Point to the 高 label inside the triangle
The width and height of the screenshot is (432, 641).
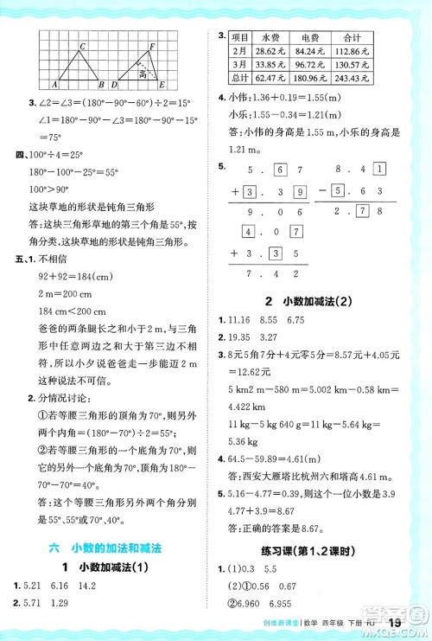143,75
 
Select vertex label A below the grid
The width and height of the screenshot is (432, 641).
54,85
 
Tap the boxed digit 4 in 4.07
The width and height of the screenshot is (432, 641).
249,232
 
